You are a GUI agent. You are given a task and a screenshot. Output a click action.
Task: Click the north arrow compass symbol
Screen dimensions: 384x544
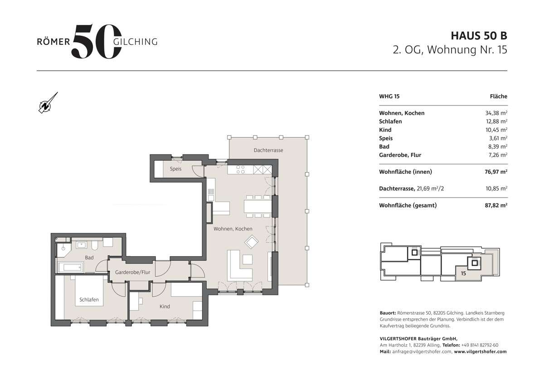(x=47, y=103)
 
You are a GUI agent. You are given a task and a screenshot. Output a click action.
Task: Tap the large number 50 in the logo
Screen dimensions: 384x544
(x=96, y=42)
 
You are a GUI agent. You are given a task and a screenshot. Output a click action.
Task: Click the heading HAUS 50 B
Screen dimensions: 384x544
(x=479, y=36)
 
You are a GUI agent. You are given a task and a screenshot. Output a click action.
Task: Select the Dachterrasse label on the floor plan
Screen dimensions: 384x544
(x=268, y=150)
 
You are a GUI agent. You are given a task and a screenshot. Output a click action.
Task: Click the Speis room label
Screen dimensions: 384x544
(x=175, y=169)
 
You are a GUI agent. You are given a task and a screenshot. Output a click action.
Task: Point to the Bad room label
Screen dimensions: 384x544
(x=89, y=258)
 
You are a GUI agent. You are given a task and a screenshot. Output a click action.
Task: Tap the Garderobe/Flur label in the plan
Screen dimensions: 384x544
(x=132, y=273)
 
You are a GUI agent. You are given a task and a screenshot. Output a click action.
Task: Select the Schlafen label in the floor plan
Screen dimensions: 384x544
(x=89, y=300)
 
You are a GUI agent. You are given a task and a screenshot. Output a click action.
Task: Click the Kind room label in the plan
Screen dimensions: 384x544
(x=165, y=307)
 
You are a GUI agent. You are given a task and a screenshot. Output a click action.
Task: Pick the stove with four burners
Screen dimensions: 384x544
(x=241, y=170)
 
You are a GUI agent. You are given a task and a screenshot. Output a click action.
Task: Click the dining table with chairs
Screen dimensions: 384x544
(x=257, y=206)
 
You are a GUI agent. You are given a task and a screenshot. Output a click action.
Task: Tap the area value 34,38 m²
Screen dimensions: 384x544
(x=496, y=113)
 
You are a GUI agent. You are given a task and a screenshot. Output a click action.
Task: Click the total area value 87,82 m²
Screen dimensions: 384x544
(x=495, y=205)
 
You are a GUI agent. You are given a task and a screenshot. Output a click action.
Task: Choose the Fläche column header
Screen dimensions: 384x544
(x=498, y=96)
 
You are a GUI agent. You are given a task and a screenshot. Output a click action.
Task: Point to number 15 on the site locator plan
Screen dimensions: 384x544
(x=463, y=273)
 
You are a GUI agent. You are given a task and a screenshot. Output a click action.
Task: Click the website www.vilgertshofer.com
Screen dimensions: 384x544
(x=480, y=351)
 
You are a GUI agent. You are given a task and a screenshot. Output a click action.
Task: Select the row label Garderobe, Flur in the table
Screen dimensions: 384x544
(x=400, y=155)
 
